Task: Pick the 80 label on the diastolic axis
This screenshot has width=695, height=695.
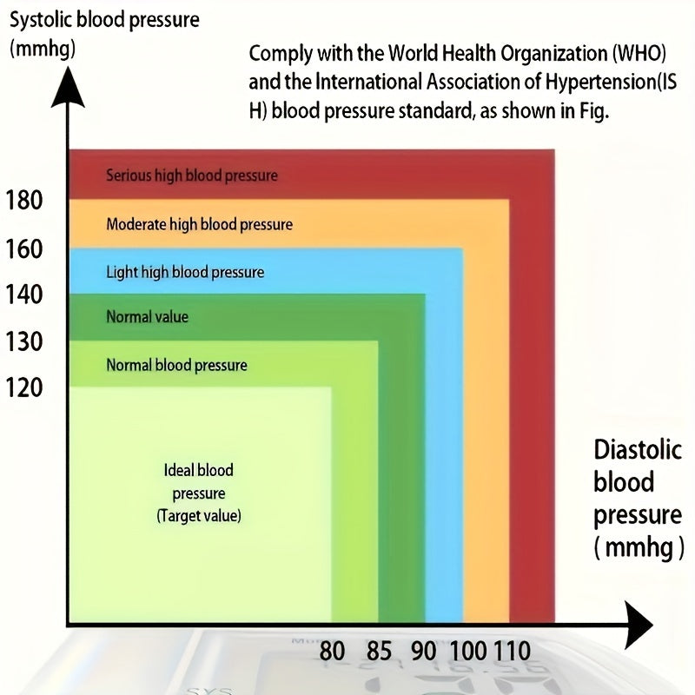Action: pyautogui.click(x=332, y=651)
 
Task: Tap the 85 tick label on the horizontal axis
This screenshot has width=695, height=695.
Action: pyautogui.click(x=379, y=651)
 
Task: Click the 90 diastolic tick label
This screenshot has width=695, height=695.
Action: pyautogui.click(x=425, y=651)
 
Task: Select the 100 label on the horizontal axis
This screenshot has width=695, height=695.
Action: pyautogui.click(x=470, y=651)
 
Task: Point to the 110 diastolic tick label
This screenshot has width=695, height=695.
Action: pyautogui.click(x=513, y=651)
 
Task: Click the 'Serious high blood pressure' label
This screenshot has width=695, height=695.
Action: pyautogui.click(x=192, y=175)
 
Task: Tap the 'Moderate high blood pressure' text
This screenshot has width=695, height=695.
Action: pyautogui.click(x=199, y=224)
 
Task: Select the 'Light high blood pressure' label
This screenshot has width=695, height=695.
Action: pyautogui.click(x=185, y=272)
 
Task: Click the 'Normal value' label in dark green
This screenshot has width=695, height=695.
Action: pyautogui.click(x=147, y=317)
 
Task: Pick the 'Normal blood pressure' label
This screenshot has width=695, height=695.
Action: pyautogui.click(x=176, y=365)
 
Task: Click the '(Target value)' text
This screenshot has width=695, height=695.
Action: pyautogui.click(x=199, y=516)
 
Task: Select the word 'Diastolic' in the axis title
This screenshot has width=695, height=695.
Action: pyautogui.click(x=636, y=450)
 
